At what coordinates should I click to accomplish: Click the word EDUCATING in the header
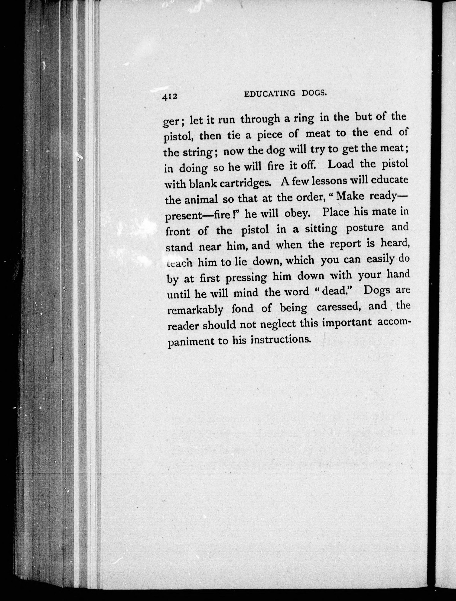[269, 94]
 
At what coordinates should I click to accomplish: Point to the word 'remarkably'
[195, 310]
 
